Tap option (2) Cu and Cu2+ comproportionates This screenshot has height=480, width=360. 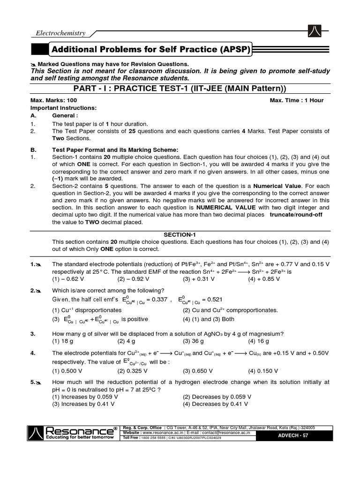(230, 310)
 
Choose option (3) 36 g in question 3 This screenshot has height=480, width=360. (193, 341)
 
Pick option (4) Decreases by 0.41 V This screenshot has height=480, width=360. (215, 404)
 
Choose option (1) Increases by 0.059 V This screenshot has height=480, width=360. (85, 397)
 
